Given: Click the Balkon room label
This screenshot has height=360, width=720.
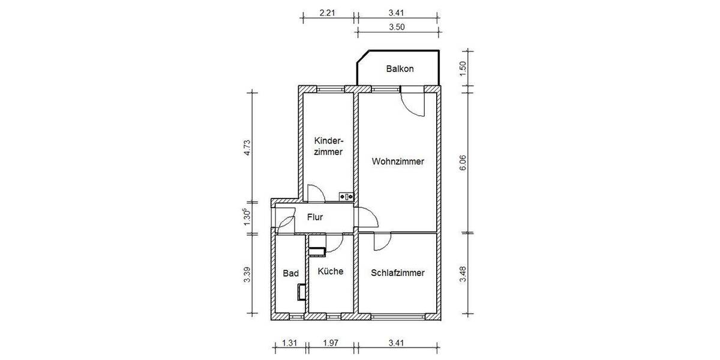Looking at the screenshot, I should (x=400, y=69).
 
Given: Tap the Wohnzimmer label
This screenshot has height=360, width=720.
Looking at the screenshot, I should (x=398, y=161).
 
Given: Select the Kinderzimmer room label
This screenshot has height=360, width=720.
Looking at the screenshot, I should (x=328, y=146).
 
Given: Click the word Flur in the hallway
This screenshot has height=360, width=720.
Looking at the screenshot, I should (x=316, y=217).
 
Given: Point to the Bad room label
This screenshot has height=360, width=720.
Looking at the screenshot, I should (x=290, y=273).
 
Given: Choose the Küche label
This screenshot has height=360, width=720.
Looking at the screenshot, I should (x=331, y=271).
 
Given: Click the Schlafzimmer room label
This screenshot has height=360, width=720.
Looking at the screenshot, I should (x=397, y=272).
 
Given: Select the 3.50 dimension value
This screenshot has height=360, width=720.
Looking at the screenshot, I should (x=397, y=26).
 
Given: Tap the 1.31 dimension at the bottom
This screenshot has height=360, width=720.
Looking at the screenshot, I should (x=290, y=343).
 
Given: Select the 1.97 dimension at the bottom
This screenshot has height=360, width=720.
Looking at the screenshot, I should (x=331, y=343).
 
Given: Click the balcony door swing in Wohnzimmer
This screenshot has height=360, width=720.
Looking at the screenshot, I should (x=413, y=103).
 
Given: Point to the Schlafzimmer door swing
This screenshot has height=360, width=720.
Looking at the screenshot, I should (x=380, y=242).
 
